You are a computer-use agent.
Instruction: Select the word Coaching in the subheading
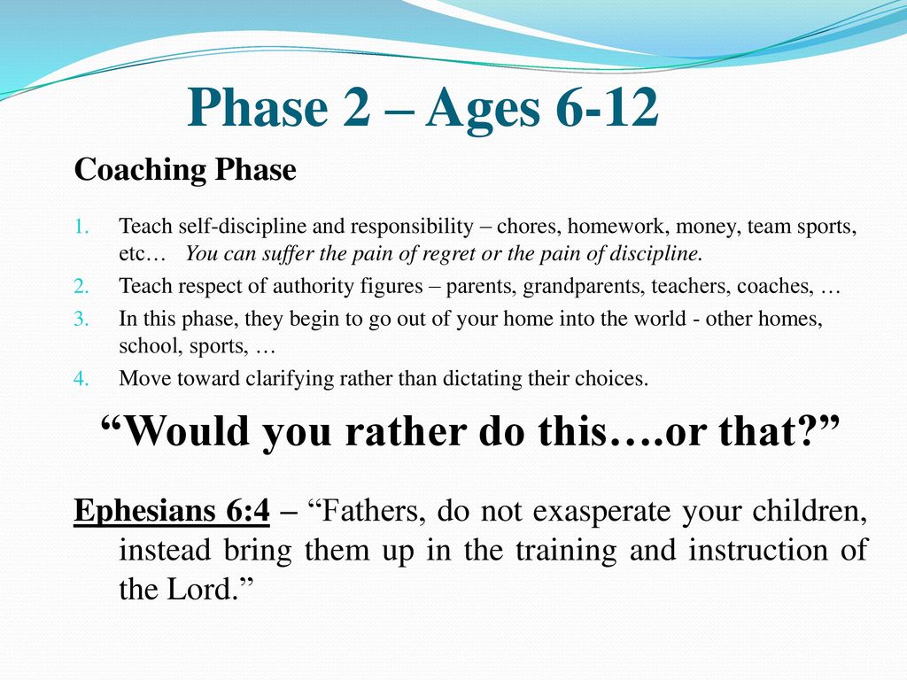140,170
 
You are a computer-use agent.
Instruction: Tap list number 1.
81,226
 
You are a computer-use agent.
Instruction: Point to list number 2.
81,286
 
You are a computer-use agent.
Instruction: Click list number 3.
81,319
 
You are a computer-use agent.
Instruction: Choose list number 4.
81,379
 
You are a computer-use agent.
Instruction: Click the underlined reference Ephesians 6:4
172,511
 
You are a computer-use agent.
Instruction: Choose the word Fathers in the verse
368,511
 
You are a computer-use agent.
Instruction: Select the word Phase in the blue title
258,107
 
